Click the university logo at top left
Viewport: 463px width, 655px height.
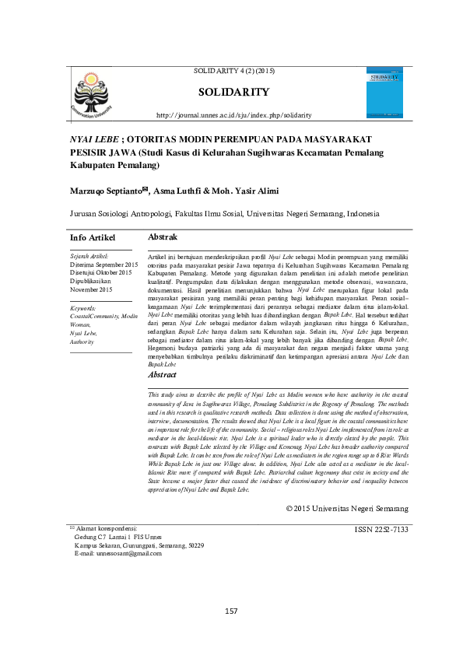(x=93, y=93)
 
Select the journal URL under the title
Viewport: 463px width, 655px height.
(x=234, y=115)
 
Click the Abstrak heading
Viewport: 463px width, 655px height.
(x=163, y=236)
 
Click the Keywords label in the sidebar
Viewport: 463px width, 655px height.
(x=82, y=309)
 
